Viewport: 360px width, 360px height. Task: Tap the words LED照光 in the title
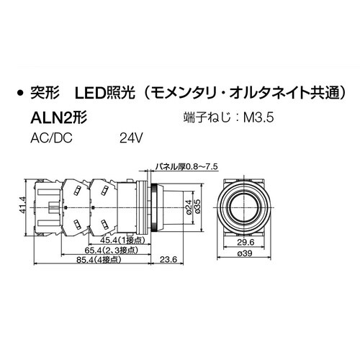point(103,94)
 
